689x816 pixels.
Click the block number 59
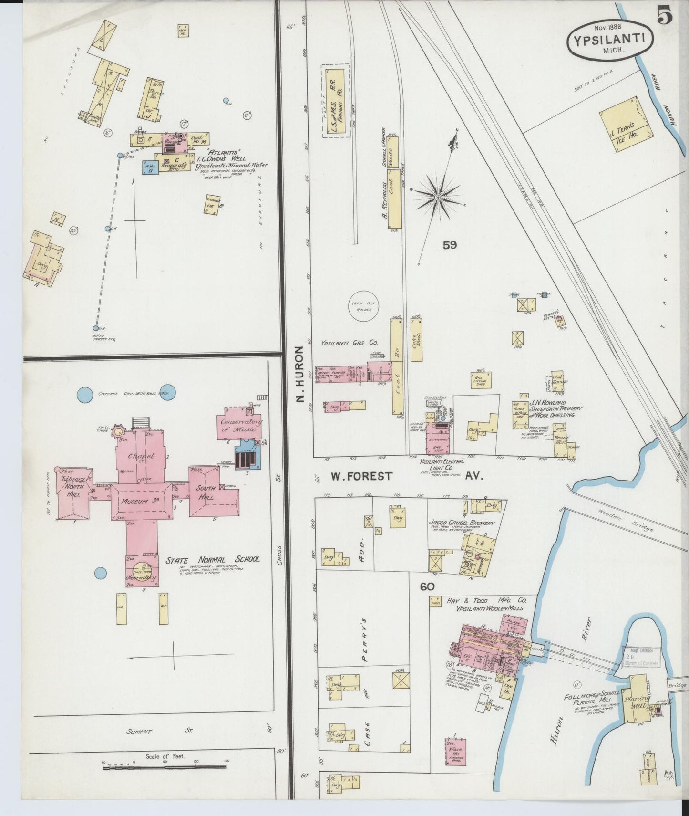pyautogui.click(x=449, y=245)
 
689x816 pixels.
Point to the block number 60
pyautogui.click(x=427, y=586)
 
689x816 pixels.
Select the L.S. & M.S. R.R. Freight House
pyautogui.click(x=335, y=101)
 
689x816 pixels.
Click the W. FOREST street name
pyautogui.click(x=362, y=476)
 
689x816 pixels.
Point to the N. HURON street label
pyautogui.click(x=299, y=374)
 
